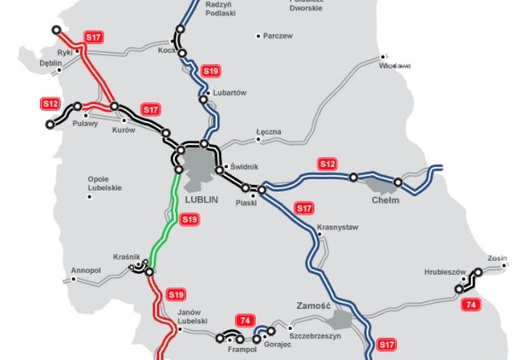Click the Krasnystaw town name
pos(337,228)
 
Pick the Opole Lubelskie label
pos(105,183)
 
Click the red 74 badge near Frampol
pos(245,320)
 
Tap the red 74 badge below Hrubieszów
pos(469,304)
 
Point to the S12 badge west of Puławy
pos(50,104)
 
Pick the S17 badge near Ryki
pos(93,38)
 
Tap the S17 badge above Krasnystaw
pos(304,207)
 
